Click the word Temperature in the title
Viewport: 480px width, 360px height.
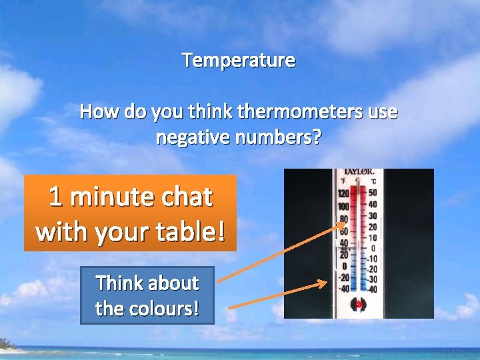[x=239, y=61]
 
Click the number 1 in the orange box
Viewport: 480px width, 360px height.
[x=56, y=197]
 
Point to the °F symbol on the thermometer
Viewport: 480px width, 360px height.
[x=343, y=181]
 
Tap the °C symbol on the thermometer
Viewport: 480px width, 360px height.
[x=373, y=181]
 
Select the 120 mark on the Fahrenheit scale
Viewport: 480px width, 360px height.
[x=343, y=193]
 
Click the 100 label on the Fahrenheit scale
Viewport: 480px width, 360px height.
[x=343, y=206]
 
